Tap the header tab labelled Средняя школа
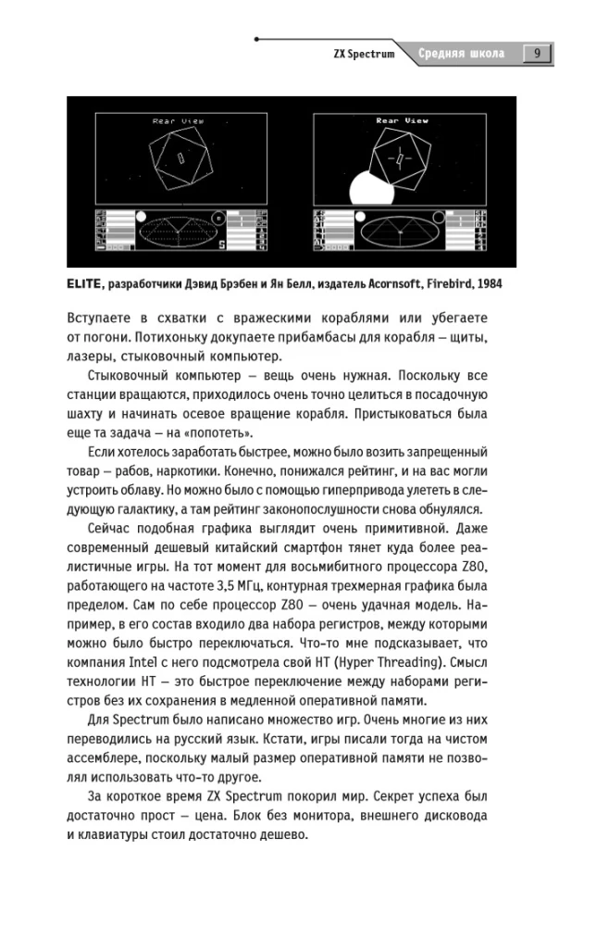coord(460,54)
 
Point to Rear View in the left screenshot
coord(172,120)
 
